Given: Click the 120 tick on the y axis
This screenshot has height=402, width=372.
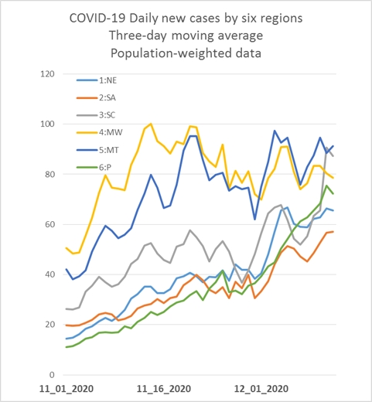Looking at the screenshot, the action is pyautogui.click(x=48, y=74).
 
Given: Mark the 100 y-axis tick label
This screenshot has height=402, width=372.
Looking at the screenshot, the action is pyautogui.click(x=48, y=124).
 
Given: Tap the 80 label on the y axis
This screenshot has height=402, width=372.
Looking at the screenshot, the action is pyautogui.click(x=50, y=174).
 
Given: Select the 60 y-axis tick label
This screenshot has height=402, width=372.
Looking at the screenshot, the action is pyautogui.click(x=50, y=224).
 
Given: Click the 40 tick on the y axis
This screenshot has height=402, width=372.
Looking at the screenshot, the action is pyautogui.click(x=50, y=274).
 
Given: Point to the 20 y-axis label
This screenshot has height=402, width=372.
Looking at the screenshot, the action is pyautogui.click(x=50, y=325).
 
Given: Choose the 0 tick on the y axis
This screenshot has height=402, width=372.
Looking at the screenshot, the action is pyautogui.click(x=52, y=375).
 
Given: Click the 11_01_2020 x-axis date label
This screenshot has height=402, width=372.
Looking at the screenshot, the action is pyautogui.click(x=67, y=389).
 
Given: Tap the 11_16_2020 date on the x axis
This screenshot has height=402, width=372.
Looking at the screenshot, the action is pyautogui.click(x=164, y=389).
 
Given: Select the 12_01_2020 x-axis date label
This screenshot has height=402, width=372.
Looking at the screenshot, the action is pyautogui.click(x=261, y=389).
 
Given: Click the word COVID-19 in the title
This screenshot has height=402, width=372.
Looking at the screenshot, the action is pyautogui.click(x=97, y=19).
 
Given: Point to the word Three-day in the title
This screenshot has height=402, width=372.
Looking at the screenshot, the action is pyautogui.click(x=138, y=36).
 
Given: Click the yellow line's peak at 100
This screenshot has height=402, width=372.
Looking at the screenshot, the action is pyautogui.click(x=151, y=124).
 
